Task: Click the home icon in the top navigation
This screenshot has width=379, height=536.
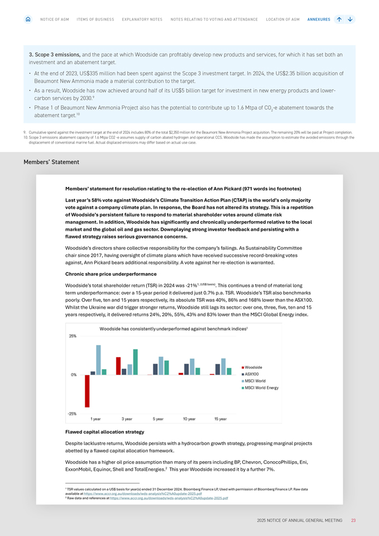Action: click(28, 20)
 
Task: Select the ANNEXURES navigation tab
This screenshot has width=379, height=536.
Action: click(319, 20)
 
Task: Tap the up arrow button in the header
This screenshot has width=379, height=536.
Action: click(339, 20)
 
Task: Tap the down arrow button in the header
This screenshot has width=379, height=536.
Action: click(350, 20)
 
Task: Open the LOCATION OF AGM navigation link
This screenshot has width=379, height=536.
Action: click(282, 20)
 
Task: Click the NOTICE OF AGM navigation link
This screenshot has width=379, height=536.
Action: click(55, 20)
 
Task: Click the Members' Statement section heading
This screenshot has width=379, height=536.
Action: click(51, 162)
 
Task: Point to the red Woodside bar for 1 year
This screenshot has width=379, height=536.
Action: click(87, 391)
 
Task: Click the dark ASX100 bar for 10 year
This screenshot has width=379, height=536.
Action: click(186, 369)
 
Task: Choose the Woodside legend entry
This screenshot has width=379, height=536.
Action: click(253, 367)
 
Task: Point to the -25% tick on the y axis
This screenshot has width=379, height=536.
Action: click(73, 414)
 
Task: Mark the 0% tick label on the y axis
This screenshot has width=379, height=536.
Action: click(73, 375)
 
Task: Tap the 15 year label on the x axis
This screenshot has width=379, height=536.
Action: click(220, 419)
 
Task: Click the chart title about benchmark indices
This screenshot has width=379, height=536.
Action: click(173, 329)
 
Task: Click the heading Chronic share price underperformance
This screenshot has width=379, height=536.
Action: click(111, 274)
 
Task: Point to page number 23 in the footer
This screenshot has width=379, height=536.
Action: click(353, 520)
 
